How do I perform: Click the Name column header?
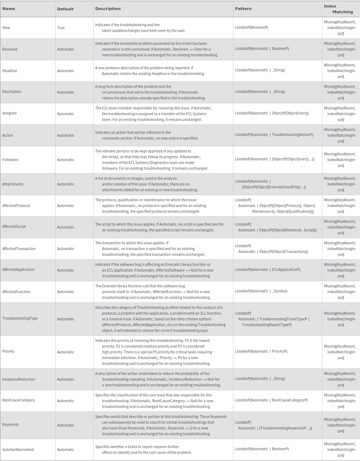(x=9, y=9)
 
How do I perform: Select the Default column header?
(x=65, y=9)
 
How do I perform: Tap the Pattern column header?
(x=243, y=9)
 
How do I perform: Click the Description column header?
(x=108, y=9)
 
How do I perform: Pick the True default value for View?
(x=61, y=28)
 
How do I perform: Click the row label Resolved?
(x=10, y=49)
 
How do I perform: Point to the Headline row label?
(x=10, y=71)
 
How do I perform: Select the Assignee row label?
(x=9, y=113)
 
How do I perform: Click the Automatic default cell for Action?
(x=66, y=135)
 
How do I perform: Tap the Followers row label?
(x=10, y=160)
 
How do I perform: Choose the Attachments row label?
(x=13, y=184)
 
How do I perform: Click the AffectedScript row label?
(x=14, y=226)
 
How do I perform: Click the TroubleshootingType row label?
(x=20, y=318)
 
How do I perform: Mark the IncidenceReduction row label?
(x=19, y=379)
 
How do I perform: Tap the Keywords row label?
(x=10, y=424)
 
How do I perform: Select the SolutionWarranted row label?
(x=18, y=450)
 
